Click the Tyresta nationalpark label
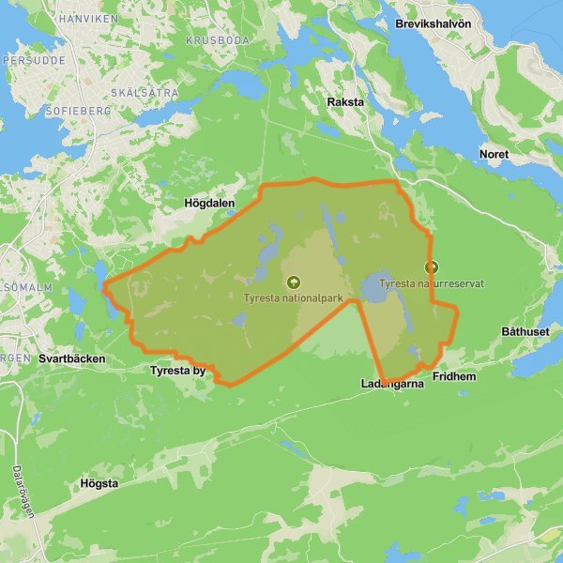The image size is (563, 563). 293,298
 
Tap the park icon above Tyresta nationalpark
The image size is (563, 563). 293,281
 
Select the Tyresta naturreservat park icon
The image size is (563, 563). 431,266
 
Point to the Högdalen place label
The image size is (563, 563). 210,203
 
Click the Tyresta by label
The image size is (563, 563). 177,371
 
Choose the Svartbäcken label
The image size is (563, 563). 72,358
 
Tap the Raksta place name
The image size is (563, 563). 345,101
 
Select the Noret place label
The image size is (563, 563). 494,154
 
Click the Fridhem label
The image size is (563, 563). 455,376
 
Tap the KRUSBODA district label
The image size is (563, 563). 216,41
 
